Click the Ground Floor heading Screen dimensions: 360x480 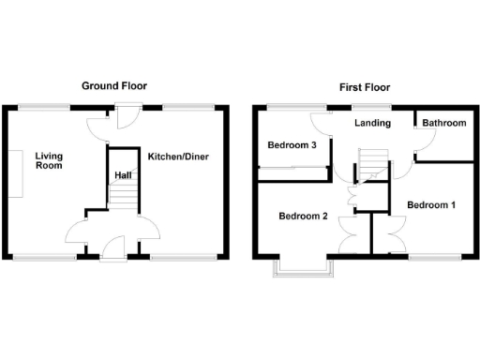113,86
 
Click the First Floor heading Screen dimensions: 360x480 365,87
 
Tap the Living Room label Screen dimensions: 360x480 49,160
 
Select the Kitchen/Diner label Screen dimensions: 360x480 177,155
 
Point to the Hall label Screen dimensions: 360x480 123,175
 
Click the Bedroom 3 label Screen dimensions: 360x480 291,145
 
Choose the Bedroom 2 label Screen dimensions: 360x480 303,216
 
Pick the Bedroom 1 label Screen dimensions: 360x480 431,204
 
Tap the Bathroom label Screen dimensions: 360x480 443,123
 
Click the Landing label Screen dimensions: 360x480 367,123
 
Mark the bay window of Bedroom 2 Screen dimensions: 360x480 302,269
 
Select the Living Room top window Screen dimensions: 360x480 46,106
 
